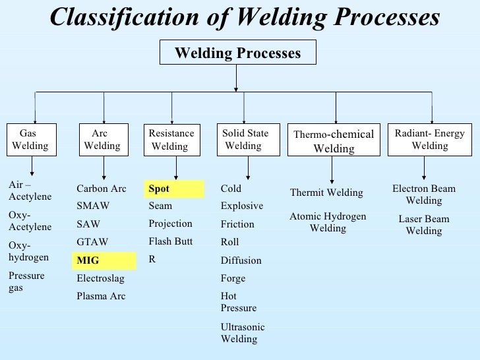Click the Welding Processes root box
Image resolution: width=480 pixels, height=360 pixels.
coord(237,53)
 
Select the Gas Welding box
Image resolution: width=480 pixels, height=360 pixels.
coord(30,140)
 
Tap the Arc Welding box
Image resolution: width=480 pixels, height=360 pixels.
coord(102,140)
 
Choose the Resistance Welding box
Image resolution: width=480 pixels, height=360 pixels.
coord(172,140)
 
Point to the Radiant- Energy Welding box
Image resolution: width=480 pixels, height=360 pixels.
coord(430,140)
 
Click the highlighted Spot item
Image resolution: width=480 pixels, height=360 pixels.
coord(174,189)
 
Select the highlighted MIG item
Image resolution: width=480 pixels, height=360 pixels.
coord(104,260)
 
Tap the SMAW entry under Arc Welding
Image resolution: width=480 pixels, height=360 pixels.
coord(93,206)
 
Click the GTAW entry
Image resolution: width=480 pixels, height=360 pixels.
coord(92,242)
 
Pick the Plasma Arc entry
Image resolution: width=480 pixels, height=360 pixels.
coord(101,296)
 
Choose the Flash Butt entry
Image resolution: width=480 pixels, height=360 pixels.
coord(171,241)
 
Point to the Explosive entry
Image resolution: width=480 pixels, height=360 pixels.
coord(242,206)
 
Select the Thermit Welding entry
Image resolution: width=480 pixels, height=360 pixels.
coord(326,193)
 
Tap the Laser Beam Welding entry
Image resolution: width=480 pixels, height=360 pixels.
coord(424,225)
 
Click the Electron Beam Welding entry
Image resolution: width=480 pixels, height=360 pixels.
coord(424,195)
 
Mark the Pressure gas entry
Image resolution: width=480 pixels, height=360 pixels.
coord(26,282)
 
